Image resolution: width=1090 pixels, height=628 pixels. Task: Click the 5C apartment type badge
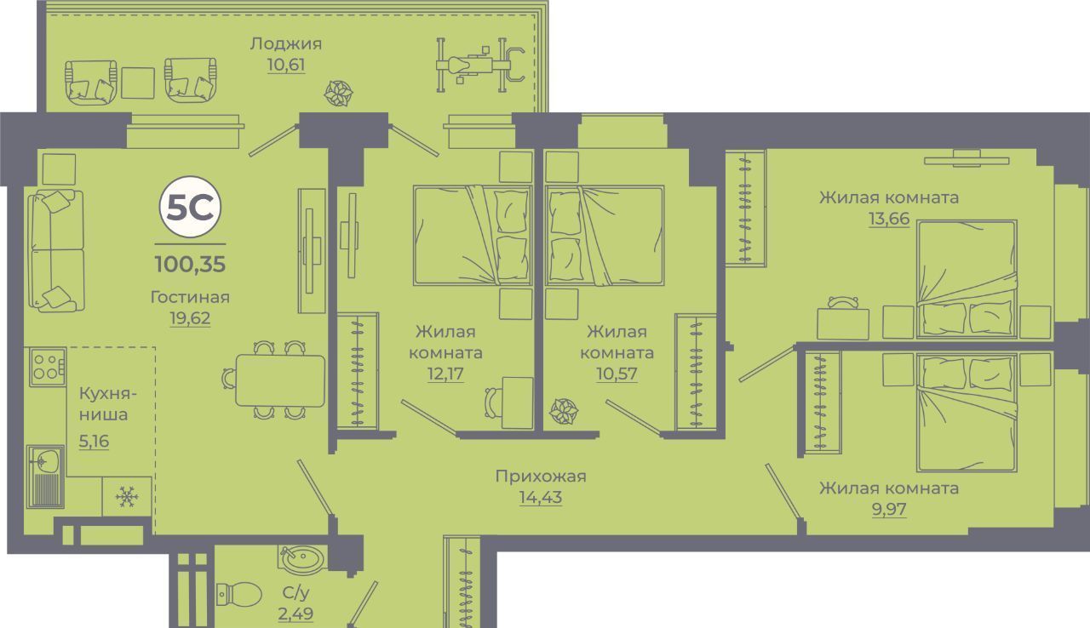[189, 208]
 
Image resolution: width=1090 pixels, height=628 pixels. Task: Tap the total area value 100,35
[190, 263]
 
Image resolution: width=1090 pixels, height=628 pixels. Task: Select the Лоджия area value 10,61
[285, 65]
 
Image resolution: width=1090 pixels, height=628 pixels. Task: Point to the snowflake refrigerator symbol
[127, 496]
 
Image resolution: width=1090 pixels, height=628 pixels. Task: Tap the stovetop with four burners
[46, 367]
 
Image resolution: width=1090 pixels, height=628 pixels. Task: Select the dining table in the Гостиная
[279, 380]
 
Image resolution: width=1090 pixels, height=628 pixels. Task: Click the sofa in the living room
[57, 249]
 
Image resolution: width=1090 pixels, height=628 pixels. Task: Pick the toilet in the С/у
[240, 592]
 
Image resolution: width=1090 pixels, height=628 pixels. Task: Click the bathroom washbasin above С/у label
[302, 559]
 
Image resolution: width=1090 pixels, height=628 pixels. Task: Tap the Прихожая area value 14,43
[541, 498]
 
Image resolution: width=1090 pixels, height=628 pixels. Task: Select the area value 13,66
[888, 219]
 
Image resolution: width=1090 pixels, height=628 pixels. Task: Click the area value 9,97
[888, 510]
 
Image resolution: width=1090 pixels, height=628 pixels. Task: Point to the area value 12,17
[445, 373]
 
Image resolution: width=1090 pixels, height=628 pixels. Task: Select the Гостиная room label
[190, 297]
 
